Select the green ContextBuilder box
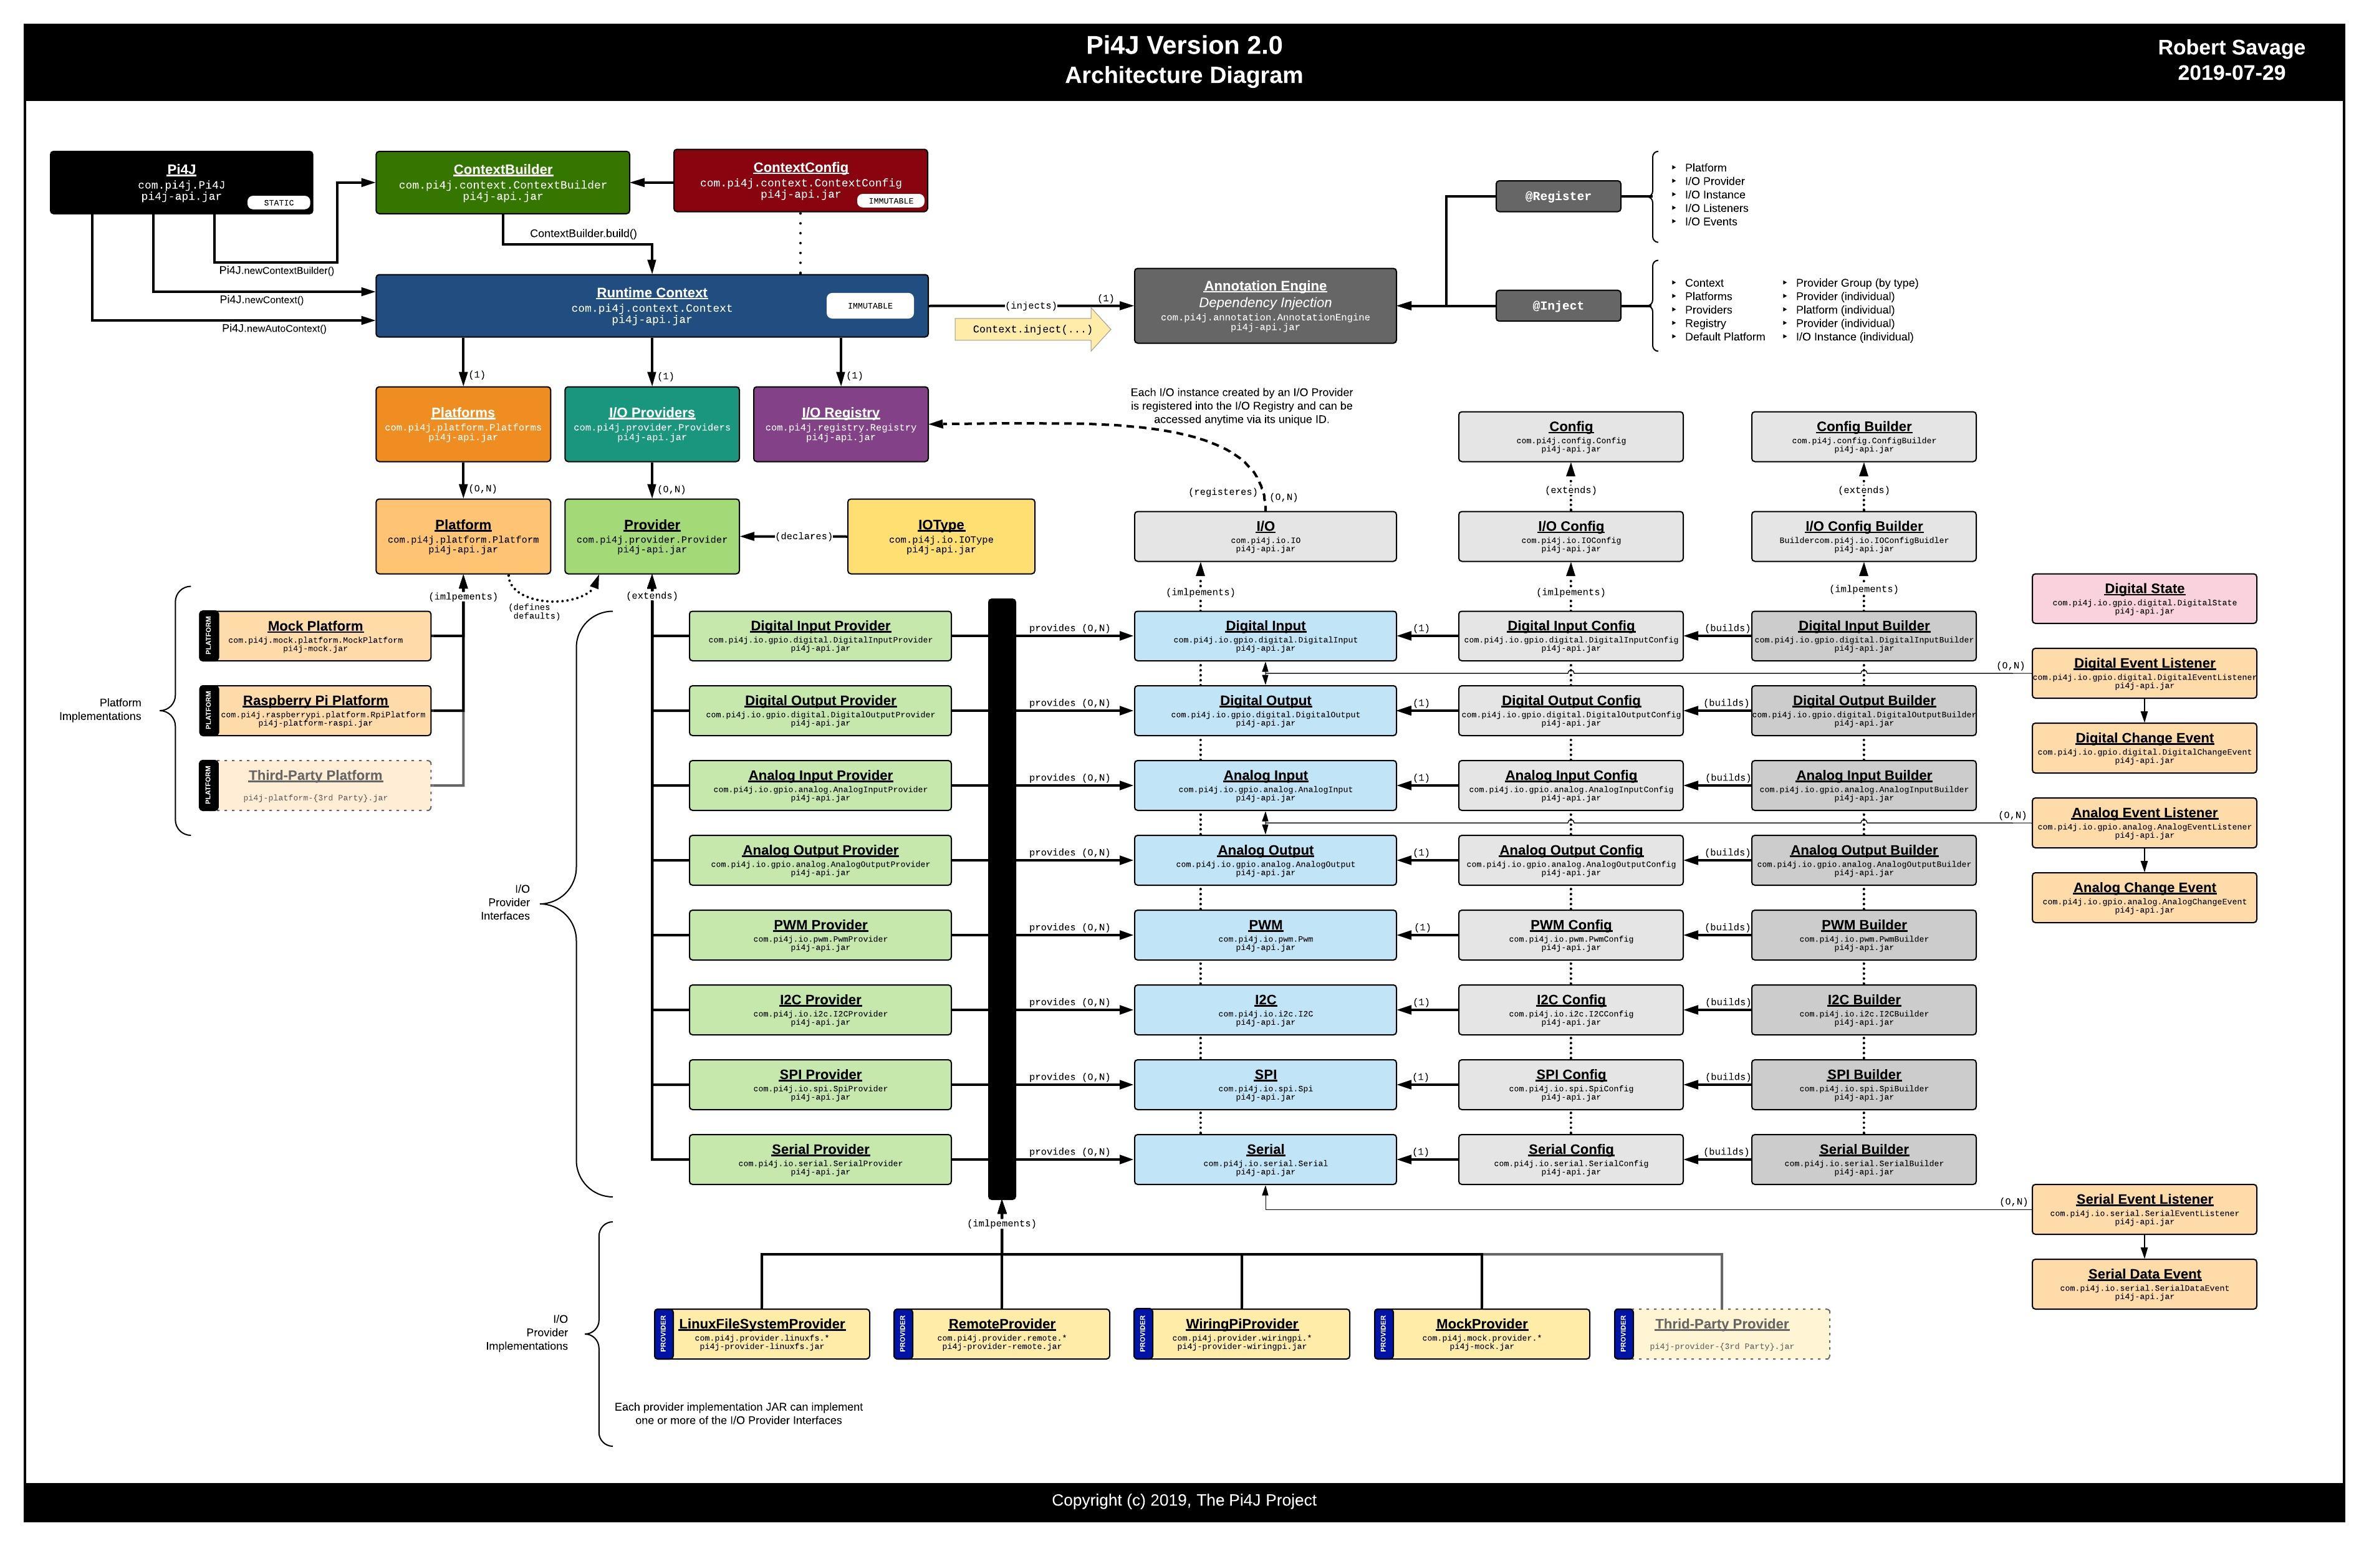(x=502, y=182)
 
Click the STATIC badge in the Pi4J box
(x=279, y=203)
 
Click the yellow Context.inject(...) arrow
(x=1031, y=330)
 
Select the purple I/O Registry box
(x=840, y=424)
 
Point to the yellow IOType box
(x=941, y=537)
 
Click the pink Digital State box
(x=2143, y=598)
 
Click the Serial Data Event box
(x=2143, y=1284)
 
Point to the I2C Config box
(x=1570, y=1009)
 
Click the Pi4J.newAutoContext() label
(x=274, y=329)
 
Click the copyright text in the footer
(x=1183, y=1500)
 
